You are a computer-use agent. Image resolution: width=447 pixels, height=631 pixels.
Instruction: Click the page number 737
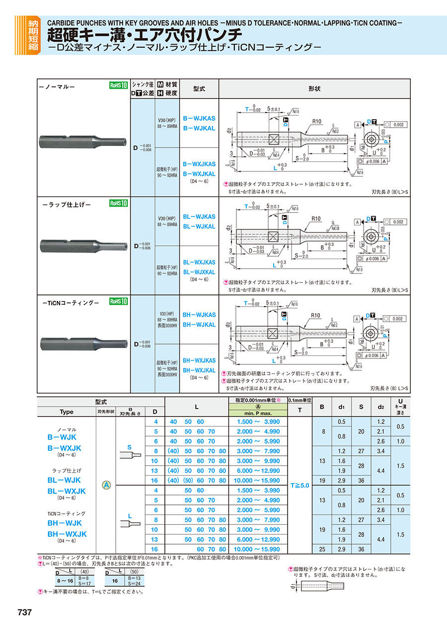click(25, 613)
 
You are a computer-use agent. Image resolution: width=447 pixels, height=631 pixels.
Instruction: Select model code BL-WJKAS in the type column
click(199, 217)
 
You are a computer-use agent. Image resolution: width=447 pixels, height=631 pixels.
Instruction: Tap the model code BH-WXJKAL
click(199, 370)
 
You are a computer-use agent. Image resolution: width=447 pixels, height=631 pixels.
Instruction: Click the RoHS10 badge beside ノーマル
click(119, 85)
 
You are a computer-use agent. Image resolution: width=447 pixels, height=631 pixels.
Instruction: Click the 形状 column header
click(314, 88)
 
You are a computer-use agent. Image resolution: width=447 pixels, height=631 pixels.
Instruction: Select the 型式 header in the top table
click(199, 88)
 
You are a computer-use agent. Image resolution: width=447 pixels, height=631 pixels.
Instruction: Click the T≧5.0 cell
click(299, 486)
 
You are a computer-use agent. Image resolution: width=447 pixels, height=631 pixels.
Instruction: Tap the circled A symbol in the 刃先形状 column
click(106, 486)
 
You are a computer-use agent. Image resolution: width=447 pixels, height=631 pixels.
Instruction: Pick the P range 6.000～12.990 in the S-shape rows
click(258, 471)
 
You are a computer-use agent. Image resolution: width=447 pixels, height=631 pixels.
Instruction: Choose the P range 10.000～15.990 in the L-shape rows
click(258, 550)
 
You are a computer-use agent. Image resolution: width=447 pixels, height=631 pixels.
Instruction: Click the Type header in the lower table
click(66, 412)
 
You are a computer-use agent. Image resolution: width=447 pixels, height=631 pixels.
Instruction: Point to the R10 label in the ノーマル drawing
click(316, 121)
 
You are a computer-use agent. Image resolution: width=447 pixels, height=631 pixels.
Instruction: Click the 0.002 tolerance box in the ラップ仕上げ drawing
click(399, 222)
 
